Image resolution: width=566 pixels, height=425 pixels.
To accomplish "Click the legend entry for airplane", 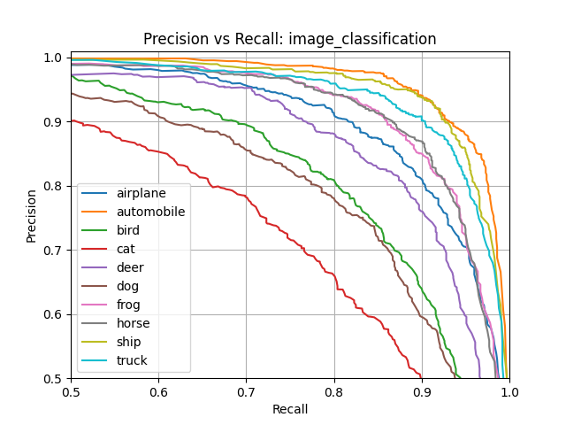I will pos(141,193).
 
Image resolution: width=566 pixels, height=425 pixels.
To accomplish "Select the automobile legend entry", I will pos(150,212).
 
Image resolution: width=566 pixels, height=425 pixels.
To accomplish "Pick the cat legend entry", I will pos(126,249).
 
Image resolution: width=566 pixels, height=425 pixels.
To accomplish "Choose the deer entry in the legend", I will pos(130,267).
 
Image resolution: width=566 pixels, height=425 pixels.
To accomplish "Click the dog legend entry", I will pos(127,286).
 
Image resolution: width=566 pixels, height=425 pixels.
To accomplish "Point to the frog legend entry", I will pos(129,305).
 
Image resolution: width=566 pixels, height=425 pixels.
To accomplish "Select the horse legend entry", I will pos(133,323).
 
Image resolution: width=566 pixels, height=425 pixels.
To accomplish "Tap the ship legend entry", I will pos(129,342).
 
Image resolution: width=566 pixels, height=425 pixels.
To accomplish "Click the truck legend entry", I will pos(132,360).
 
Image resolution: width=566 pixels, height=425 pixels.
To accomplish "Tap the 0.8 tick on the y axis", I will pos(54,186).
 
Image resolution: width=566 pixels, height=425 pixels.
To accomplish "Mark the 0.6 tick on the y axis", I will pos(54,314).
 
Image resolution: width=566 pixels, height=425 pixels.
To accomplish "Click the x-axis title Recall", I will pos(290,409).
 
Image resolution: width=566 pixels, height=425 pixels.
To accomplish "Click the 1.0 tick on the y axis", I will pos(54,58).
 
